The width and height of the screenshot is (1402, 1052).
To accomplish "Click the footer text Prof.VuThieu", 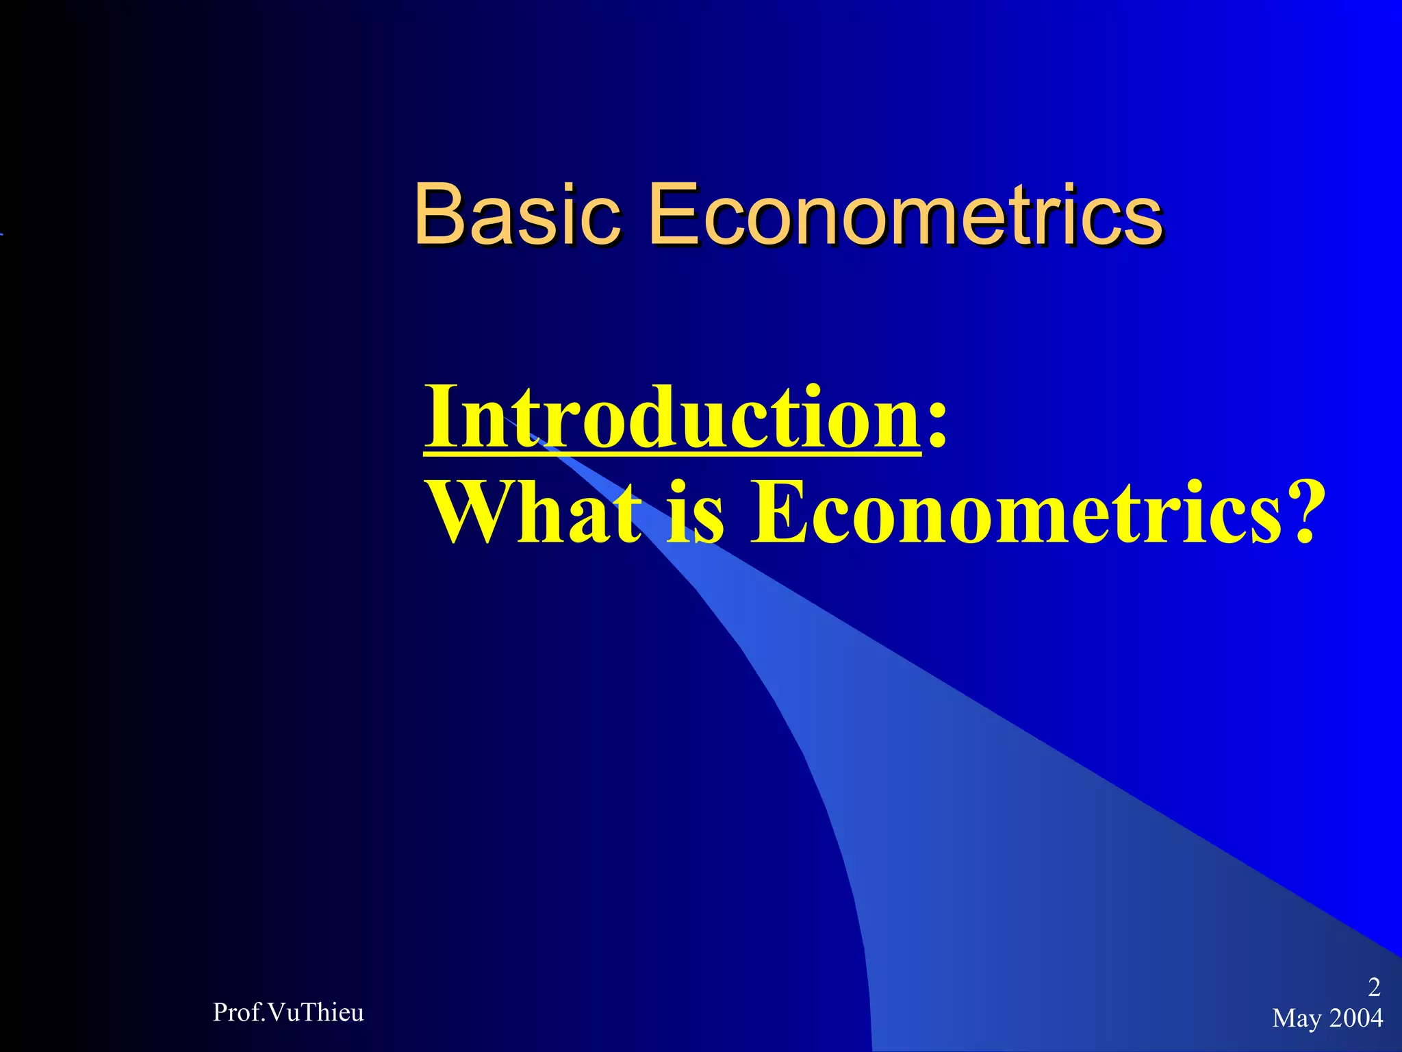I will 288,1012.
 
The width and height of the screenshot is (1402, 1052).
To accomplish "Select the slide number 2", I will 1374,987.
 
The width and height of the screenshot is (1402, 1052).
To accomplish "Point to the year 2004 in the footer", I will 1355,1018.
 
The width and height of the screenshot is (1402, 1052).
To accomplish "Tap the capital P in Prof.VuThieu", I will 220,1012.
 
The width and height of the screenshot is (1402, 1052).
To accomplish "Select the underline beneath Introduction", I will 672,451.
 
